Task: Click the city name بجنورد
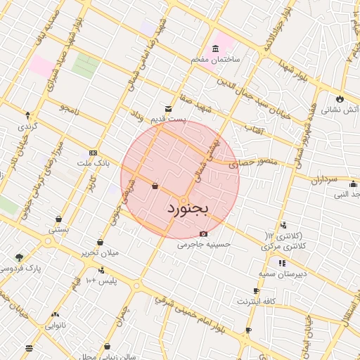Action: point(189,209)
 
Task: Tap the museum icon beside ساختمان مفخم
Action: point(214,49)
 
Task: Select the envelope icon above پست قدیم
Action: point(168,108)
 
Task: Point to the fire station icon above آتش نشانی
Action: point(340,99)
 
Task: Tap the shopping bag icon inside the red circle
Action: point(154,186)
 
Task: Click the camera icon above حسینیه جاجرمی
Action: point(204,233)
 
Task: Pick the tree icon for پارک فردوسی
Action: point(18,257)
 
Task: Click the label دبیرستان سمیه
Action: point(281,273)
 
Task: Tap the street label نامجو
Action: point(70,108)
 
